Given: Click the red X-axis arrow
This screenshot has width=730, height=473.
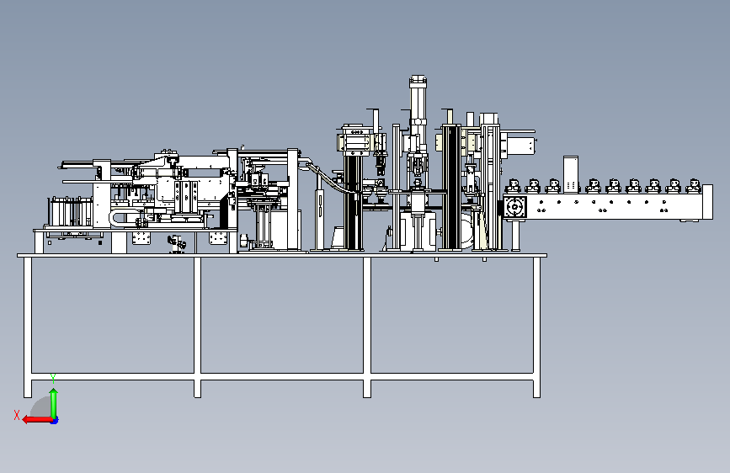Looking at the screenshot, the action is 37,420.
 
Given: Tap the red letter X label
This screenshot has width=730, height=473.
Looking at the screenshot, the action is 17,415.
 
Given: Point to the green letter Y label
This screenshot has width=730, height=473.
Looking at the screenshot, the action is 53,378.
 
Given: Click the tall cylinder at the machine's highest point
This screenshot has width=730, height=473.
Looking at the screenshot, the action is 418,100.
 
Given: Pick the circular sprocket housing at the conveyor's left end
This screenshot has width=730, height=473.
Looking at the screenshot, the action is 515,206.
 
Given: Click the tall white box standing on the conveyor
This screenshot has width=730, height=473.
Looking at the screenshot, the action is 571,174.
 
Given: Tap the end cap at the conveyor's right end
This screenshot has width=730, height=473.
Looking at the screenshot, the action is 707,202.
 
